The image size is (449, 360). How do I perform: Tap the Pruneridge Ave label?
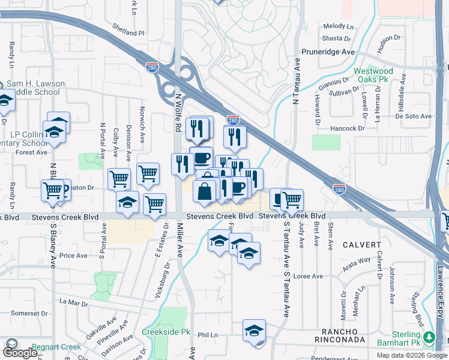click(x=328, y=52)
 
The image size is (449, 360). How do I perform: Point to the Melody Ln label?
click(x=339, y=26)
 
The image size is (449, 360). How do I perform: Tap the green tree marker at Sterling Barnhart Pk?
click(x=429, y=337)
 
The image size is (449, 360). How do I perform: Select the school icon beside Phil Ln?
click(x=254, y=331)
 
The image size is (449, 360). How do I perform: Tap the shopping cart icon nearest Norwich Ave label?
click(x=148, y=174)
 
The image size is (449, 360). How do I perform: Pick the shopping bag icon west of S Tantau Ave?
click(x=205, y=191)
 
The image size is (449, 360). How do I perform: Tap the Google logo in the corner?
click(x=20, y=352)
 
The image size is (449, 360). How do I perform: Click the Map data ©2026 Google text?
click(x=411, y=355)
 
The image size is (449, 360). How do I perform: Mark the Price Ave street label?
click(x=74, y=256)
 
